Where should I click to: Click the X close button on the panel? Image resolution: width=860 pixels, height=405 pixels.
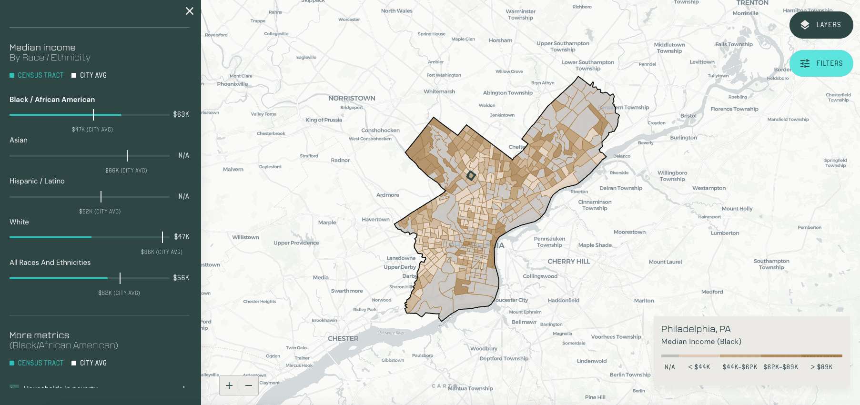coord(190,11)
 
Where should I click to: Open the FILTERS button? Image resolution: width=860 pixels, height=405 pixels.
coord(821,63)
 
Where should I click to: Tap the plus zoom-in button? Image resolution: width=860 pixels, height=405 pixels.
coord(229,385)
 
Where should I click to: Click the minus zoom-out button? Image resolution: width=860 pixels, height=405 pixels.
coord(249,385)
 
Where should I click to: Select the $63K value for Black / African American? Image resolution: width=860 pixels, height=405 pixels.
coord(181,114)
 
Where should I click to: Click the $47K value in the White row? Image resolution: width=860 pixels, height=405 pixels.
coord(182,237)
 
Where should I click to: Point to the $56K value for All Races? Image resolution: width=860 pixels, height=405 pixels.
coord(181,278)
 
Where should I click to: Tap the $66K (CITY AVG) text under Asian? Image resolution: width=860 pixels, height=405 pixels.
coord(126,171)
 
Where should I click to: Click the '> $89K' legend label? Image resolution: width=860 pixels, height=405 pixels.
coord(821,367)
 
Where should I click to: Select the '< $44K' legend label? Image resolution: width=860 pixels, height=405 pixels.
coord(699,367)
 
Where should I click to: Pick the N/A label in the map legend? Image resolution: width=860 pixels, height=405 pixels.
coord(670,367)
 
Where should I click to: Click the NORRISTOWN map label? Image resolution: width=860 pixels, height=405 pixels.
coord(352,98)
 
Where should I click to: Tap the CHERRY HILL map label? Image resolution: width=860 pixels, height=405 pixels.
coord(568,262)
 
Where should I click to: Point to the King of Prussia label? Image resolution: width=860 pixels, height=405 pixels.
coord(324,120)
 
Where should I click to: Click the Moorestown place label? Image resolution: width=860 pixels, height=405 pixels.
coord(629,232)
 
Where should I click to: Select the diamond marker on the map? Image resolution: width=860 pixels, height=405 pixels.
coord(471,176)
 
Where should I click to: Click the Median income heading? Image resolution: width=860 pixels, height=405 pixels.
coord(42,48)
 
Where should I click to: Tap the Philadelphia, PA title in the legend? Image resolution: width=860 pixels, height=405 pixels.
coord(696,329)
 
